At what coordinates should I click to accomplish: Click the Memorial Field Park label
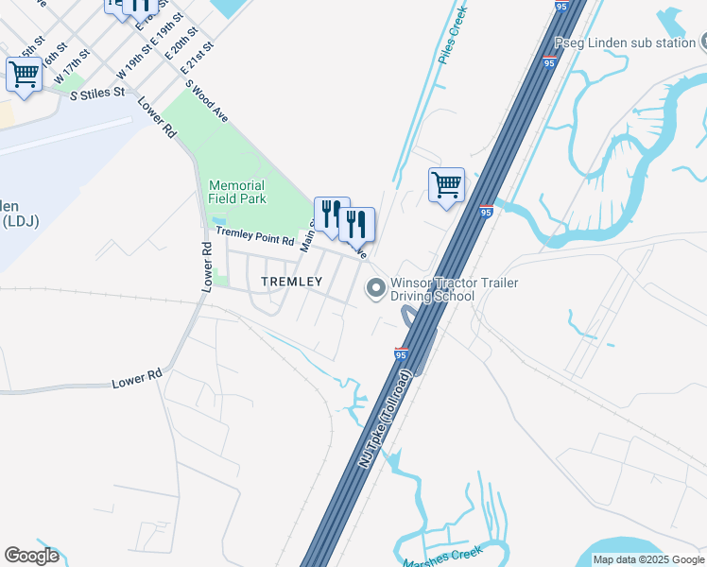point(237,192)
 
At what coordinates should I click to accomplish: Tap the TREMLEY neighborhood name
point(291,282)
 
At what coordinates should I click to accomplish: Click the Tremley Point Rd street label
point(255,232)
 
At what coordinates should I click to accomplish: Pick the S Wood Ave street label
point(207,100)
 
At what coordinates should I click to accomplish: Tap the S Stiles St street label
point(97,93)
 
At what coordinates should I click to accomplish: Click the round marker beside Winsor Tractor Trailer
point(376,289)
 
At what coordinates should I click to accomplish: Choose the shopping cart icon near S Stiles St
point(24,74)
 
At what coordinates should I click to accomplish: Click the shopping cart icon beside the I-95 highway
point(446,184)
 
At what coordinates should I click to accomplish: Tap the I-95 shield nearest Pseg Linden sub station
point(549,62)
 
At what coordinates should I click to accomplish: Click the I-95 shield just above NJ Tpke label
point(401,353)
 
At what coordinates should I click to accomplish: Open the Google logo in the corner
point(31,556)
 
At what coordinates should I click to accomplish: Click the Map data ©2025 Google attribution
point(648,559)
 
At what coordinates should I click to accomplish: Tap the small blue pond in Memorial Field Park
point(218,219)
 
